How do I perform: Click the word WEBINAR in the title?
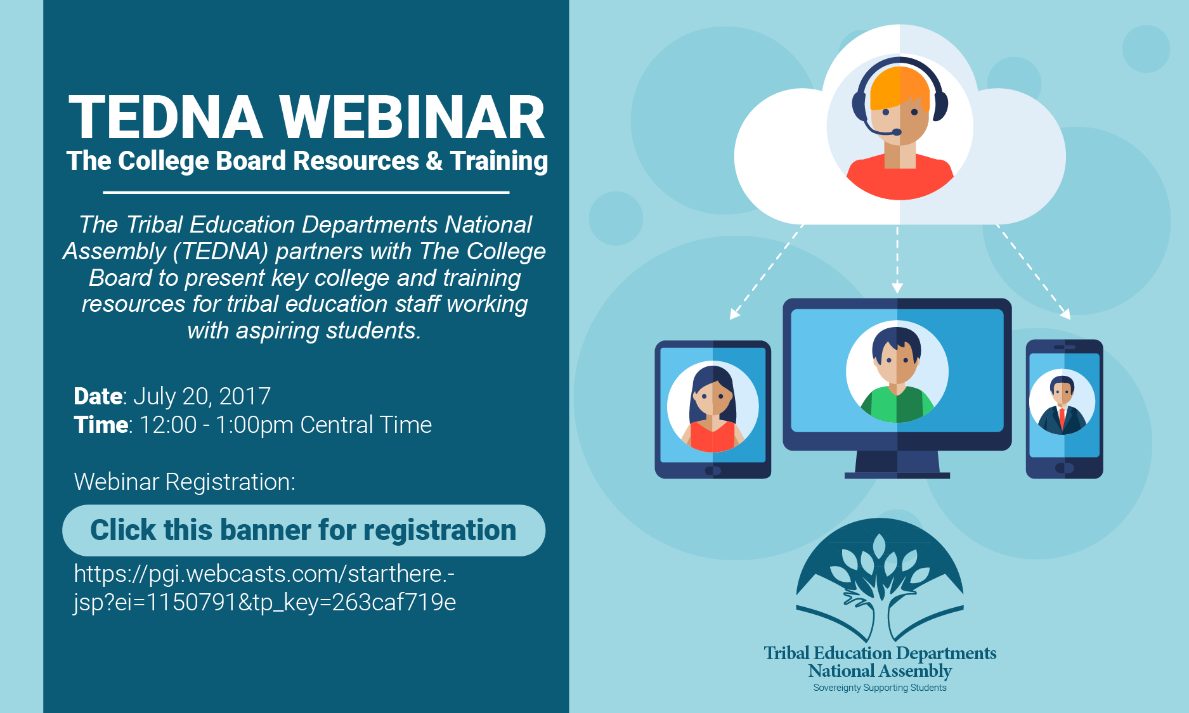coord(412,118)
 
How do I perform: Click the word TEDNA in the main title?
coord(166,118)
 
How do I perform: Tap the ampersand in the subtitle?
coord(434,161)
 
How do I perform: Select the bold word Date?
coord(98,397)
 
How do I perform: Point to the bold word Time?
coord(101,425)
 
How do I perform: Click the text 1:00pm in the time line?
coord(254,425)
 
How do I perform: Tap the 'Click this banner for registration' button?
coord(303,530)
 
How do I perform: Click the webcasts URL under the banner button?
coord(264,588)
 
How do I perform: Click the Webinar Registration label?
coord(185,482)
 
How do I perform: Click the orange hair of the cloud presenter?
coord(899,86)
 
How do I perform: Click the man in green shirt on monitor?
coord(897,374)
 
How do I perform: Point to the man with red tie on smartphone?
coord(1062,406)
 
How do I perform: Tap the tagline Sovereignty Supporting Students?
coord(880,688)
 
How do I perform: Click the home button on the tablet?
coord(713,471)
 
